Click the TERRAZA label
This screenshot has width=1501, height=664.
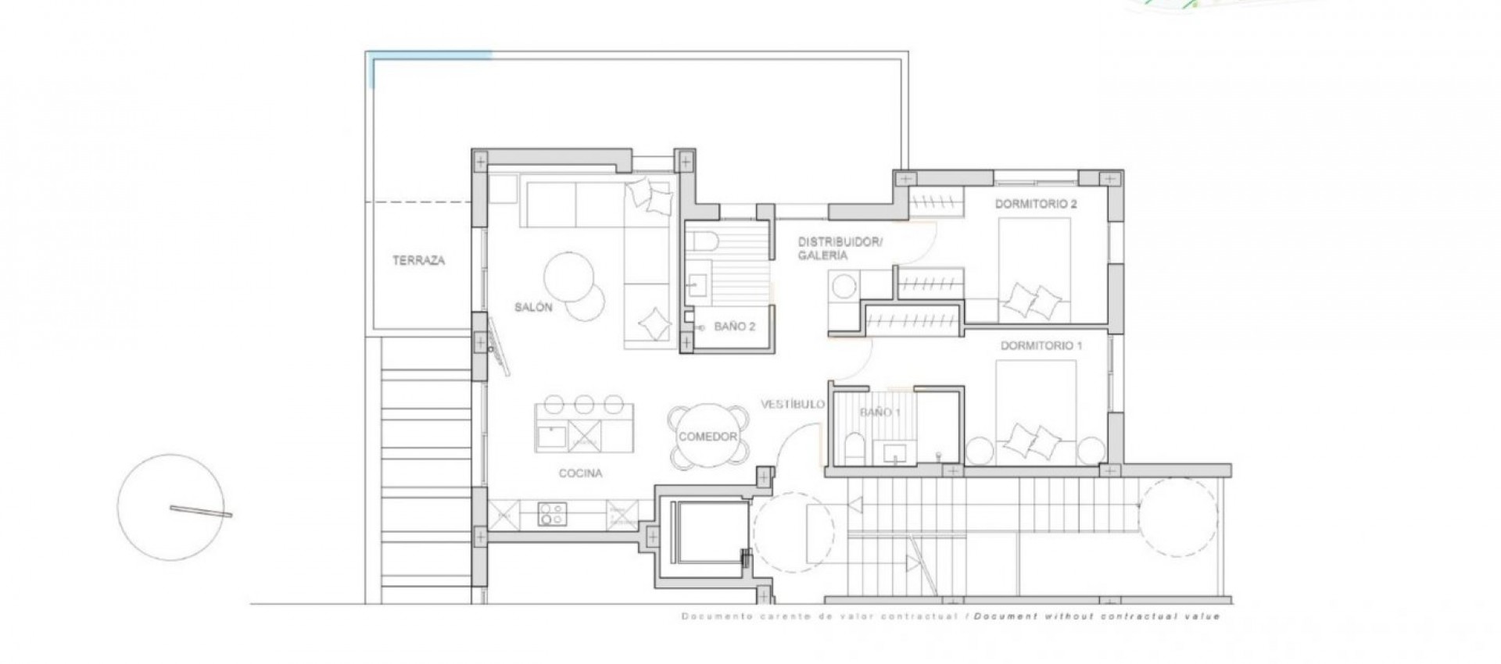418,261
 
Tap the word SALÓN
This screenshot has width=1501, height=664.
533,307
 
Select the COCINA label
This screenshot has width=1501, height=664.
580,473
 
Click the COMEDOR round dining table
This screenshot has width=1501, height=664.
708,437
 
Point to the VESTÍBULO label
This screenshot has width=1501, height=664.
793,404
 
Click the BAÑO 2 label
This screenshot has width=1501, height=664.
734,327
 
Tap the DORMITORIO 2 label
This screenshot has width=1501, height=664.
1036,205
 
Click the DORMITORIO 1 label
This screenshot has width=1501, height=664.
1041,345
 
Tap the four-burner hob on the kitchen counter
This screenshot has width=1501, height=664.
552,514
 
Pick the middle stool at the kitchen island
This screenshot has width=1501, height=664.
583,404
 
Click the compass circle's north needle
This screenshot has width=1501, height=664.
201,511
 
